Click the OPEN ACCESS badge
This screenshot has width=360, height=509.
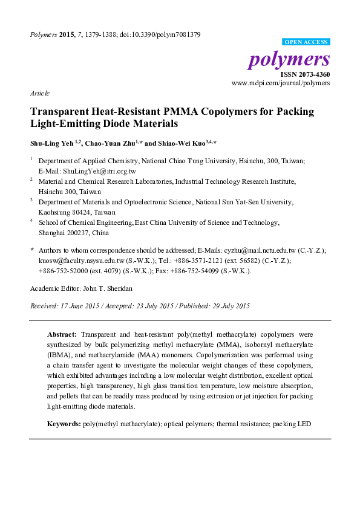coord(307,42)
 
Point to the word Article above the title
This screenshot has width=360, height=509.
coord(39,93)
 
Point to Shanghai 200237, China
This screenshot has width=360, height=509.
coord(74,232)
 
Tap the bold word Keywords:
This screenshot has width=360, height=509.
coord(64,424)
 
